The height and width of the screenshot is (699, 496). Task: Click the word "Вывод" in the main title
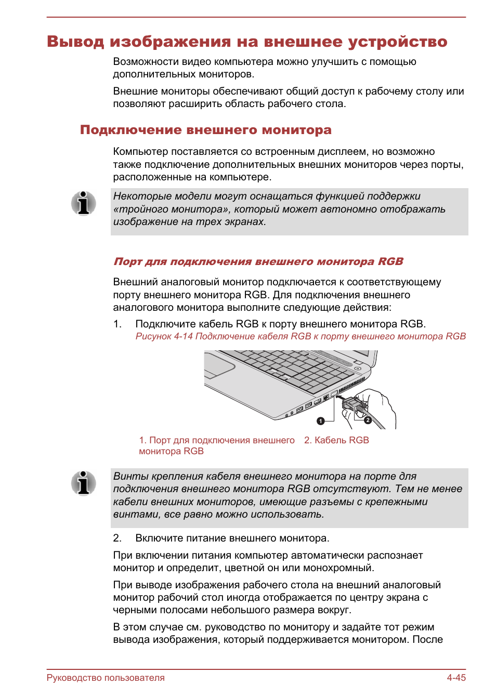75,42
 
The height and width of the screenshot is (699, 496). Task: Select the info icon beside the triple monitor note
84,203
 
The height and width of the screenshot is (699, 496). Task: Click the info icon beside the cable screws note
84,483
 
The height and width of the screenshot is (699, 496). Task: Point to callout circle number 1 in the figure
321,421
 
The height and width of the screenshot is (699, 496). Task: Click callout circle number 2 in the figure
368,420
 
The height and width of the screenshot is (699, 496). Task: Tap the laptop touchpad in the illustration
219,366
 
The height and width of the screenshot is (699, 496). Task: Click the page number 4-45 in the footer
456,678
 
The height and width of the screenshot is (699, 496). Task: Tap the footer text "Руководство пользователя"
106,678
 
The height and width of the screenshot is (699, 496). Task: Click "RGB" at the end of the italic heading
390,261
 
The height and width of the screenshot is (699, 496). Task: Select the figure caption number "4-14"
184,336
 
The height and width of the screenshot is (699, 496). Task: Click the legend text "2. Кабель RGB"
336,440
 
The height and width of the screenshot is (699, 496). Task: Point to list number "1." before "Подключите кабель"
118,324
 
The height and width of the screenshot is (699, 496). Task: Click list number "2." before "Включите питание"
118,538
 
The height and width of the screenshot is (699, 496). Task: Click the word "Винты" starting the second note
127,476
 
